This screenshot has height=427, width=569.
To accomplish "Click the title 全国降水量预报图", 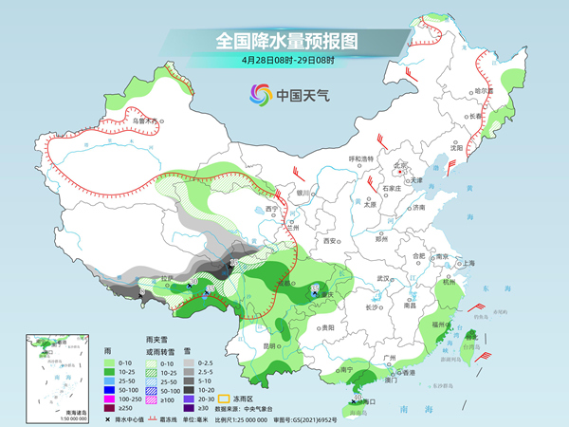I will click(x=284, y=41).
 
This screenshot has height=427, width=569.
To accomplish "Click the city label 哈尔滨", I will click(x=484, y=90).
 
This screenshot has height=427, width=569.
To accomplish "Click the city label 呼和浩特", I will click(x=361, y=158).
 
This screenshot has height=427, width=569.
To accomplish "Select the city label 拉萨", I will click(x=168, y=279).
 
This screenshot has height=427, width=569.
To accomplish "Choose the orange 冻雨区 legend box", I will click(x=226, y=399).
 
